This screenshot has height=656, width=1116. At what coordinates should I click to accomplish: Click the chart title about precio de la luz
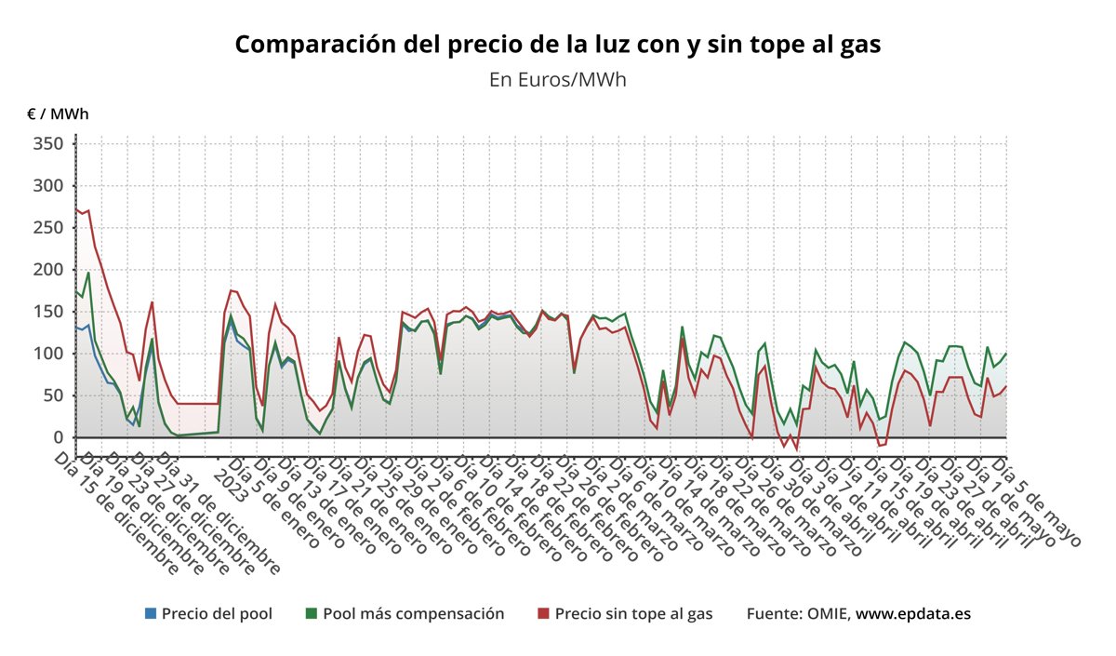click(x=557, y=45)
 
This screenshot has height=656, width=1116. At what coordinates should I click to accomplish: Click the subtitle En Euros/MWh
click(x=557, y=80)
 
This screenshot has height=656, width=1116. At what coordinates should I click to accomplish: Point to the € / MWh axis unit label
click(x=58, y=114)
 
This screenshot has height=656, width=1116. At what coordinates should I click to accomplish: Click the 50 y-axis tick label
click(x=54, y=395)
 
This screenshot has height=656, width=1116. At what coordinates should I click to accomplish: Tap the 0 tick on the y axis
click(x=58, y=437)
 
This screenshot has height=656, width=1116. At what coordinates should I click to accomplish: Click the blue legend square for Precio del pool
click(x=151, y=614)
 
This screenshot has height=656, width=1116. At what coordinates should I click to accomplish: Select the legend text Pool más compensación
click(x=413, y=614)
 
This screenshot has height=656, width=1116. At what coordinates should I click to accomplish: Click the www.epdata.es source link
click(x=913, y=614)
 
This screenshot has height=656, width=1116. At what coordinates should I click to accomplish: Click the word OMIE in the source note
click(x=826, y=614)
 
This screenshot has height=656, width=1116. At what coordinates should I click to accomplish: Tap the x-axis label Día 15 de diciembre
click(x=116, y=513)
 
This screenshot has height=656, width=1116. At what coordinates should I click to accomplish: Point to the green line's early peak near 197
click(x=88, y=273)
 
